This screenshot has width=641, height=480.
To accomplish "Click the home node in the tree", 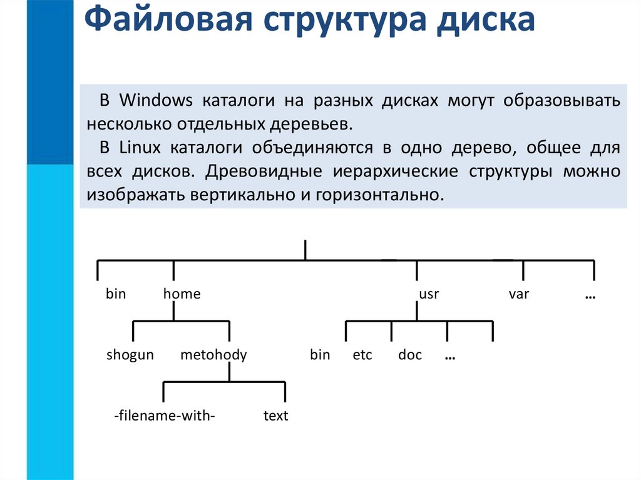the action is (x=182, y=294).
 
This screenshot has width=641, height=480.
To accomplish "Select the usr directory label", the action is (x=429, y=294).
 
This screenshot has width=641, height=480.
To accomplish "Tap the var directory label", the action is (x=519, y=294).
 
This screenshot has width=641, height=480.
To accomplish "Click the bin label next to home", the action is (x=116, y=294).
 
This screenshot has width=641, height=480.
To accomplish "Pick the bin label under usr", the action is (x=320, y=355).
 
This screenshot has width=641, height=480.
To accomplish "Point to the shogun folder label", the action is (x=130, y=355).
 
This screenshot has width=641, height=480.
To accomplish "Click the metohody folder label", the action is (x=213, y=355).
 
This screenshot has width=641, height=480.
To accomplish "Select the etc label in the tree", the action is (x=362, y=355).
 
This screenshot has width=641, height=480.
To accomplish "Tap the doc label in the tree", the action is (x=410, y=355).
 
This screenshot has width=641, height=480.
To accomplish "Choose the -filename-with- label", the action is (x=165, y=416).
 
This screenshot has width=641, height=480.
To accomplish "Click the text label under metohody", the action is (x=275, y=416).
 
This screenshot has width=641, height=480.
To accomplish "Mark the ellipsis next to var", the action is (x=590, y=295).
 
